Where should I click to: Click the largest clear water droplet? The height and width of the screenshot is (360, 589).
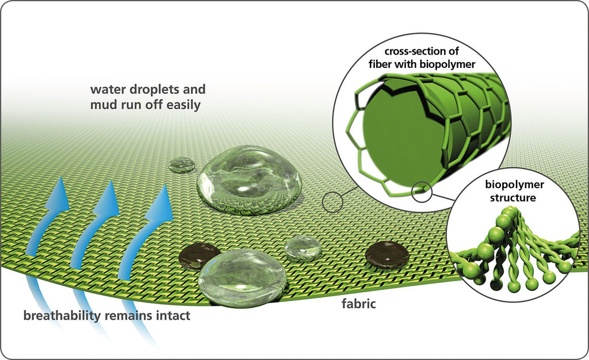point(250,180)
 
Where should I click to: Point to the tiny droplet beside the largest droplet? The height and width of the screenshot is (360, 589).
point(182,165)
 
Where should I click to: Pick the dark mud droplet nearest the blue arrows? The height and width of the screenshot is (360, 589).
point(199,256)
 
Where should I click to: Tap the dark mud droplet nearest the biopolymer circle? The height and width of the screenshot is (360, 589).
point(387,255)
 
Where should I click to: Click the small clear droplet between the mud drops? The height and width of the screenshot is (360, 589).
point(303,248)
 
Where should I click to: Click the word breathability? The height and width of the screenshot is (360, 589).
point(62,315)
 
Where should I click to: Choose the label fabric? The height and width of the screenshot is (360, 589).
point(359,303)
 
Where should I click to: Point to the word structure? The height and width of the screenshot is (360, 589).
point(512,198)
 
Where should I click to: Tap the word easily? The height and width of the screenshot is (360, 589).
point(183,105)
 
